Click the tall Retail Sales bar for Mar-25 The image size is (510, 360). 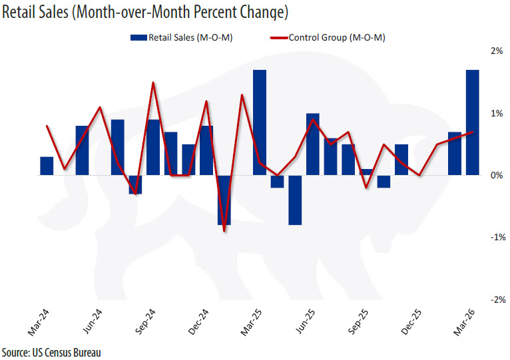[260, 122]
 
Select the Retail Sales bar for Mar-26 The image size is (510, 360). [473, 122]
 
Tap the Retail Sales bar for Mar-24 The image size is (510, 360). [47, 166]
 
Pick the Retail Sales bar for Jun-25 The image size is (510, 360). [313, 144]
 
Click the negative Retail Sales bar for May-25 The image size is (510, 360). [295, 200]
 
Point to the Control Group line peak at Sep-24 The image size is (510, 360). [153, 83]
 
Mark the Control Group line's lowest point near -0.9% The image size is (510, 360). [224, 231]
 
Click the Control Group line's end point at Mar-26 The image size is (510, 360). [473, 132]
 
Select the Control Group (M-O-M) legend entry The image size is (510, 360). [330, 37]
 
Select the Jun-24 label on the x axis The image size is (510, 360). [92, 322]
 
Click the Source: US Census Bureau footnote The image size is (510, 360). [52, 351]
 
